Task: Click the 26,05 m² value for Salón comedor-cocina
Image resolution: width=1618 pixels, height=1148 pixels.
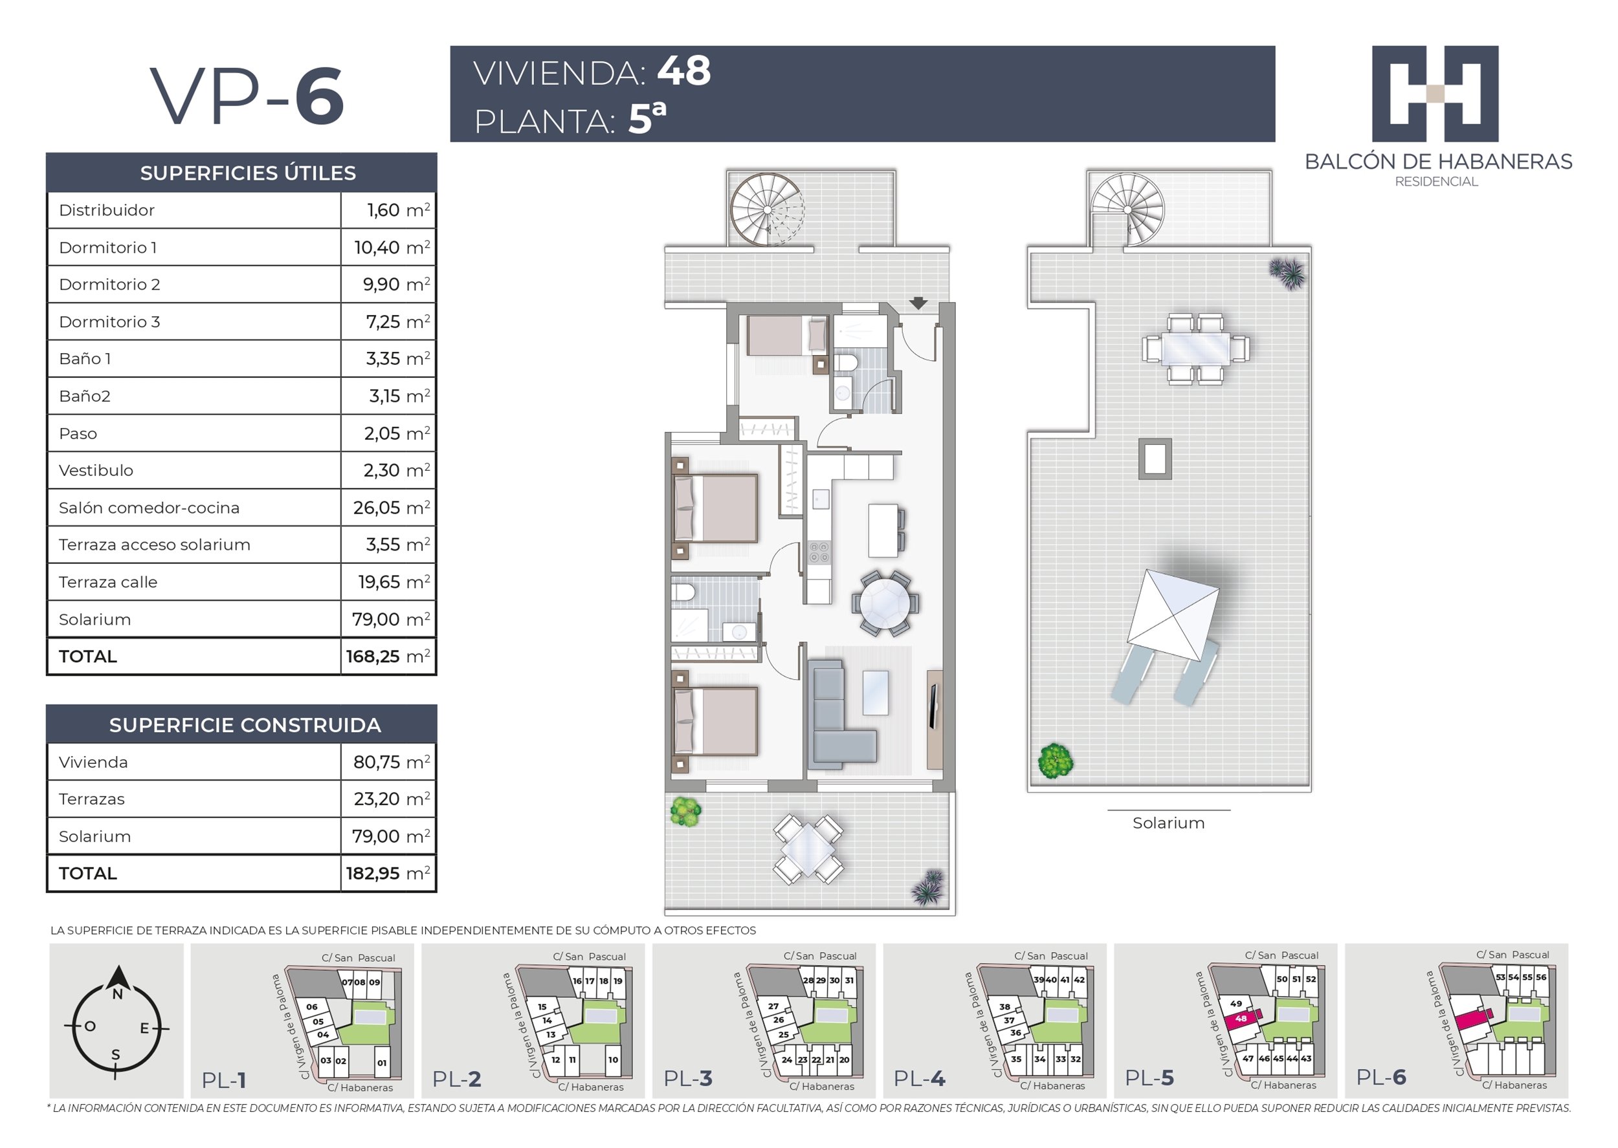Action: coord(391,507)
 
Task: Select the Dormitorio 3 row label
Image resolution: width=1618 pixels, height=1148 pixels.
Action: coord(109,321)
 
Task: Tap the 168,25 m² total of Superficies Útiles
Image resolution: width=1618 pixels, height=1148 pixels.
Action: coord(388,656)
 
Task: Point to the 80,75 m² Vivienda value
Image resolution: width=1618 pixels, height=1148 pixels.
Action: coord(391,761)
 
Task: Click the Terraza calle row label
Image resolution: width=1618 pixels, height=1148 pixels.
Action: coord(108,582)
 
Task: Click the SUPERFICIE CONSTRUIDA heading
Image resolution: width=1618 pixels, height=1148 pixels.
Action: coord(245,724)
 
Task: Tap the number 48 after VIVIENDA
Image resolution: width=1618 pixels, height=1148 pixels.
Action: coord(684,70)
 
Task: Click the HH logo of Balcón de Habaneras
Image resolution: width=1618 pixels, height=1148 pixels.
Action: coord(1435,94)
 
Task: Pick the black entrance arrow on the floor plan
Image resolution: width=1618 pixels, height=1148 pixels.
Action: coord(918,303)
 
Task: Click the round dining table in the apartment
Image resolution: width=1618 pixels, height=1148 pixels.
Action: coord(885,603)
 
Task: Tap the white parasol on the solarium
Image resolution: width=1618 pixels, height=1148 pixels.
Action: coord(1173,614)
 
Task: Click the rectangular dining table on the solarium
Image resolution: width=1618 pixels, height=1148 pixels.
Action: coord(1196,349)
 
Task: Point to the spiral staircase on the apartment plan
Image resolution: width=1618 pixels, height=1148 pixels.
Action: coord(768,210)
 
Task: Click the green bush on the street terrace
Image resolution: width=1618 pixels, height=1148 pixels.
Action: coord(685,812)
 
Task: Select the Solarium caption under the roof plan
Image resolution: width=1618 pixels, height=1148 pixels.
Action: coord(1168,823)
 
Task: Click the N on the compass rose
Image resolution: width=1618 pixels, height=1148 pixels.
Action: coord(117,994)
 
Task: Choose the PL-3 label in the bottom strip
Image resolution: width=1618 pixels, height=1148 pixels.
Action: coord(687,1079)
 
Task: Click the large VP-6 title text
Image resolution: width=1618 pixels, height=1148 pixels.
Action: coord(247,96)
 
